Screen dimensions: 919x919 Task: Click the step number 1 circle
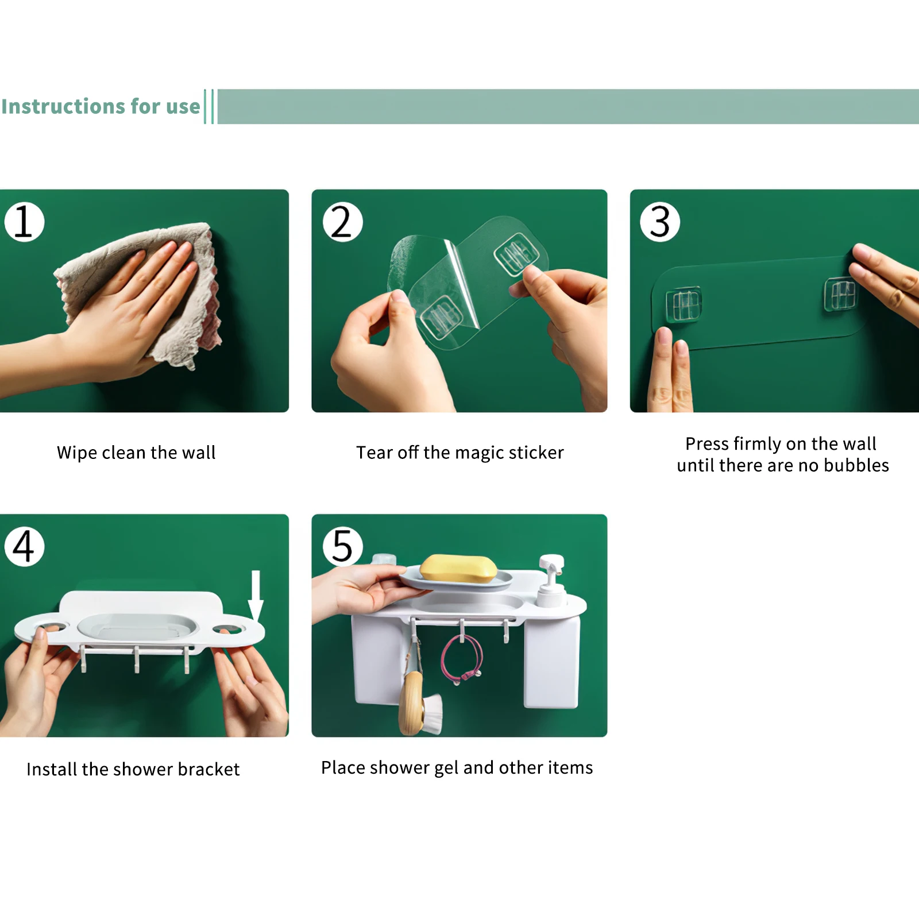tap(24, 222)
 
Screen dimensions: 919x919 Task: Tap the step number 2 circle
tap(343, 222)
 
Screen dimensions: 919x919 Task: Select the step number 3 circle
tap(661, 222)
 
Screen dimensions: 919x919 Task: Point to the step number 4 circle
tap(24, 546)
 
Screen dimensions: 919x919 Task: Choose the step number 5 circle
tap(343, 546)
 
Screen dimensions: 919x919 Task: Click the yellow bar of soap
tap(458, 568)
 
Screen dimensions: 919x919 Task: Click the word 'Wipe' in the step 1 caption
tap(77, 453)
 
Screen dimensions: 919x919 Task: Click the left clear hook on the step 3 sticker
tap(683, 304)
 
